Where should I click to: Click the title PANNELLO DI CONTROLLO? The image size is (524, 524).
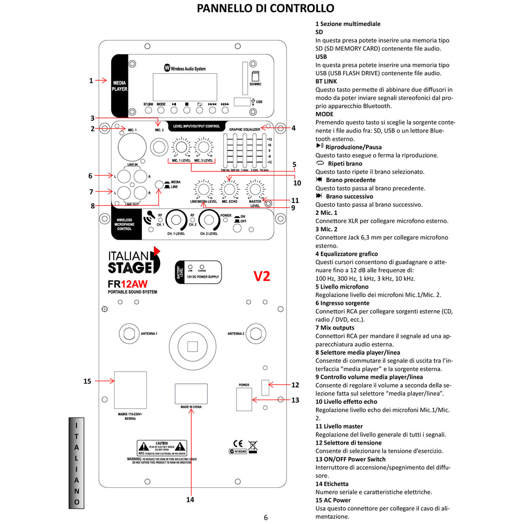click(x=266, y=8)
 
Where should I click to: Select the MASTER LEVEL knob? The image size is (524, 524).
click(x=254, y=189)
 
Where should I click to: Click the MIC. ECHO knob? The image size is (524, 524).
click(x=229, y=189)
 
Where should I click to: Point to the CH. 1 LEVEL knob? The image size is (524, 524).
click(x=176, y=221)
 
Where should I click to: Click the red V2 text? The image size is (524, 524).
click(x=262, y=276)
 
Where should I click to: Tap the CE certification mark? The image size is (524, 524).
click(x=237, y=444)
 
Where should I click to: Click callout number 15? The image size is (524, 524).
click(x=87, y=381)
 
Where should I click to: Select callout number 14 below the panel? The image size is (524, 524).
click(x=191, y=499)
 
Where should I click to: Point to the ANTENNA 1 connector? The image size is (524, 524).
click(x=130, y=333)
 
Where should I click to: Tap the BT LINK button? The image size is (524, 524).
click(x=148, y=110)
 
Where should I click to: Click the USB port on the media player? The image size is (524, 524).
click(x=242, y=102)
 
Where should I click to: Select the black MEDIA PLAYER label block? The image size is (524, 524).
click(x=120, y=85)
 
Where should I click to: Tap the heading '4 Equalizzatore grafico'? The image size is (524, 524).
click(x=346, y=254)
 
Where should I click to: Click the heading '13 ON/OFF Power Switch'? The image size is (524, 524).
click(x=351, y=459)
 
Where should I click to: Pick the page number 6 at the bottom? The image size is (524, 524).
click(x=266, y=517)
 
